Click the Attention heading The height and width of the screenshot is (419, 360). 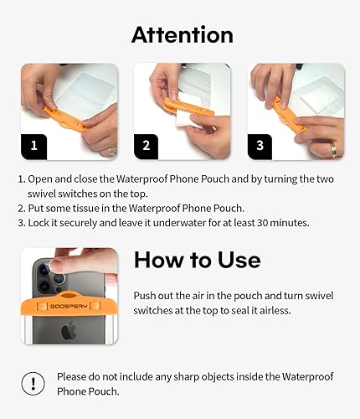(x=182, y=34)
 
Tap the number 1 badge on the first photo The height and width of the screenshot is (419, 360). (x=34, y=144)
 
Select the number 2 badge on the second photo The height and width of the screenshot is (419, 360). (x=146, y=144)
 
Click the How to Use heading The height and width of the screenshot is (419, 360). (x=198, y=260)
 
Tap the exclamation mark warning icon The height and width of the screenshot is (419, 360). (x=32, y=384)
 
